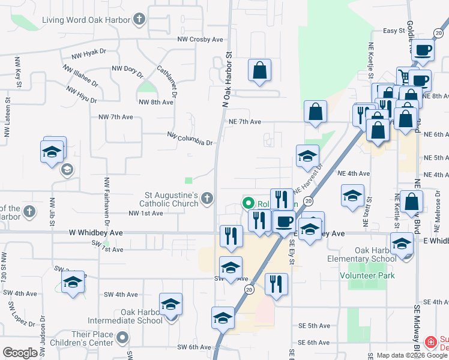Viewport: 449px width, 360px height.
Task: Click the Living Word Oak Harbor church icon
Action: click(139, 20)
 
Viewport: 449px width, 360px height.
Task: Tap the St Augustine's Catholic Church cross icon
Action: click(207, 199)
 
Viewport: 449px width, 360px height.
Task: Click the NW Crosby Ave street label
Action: click(200, 40)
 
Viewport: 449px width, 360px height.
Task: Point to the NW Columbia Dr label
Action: click(190, 139)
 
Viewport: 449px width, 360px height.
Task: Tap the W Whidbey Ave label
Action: click(95, 232)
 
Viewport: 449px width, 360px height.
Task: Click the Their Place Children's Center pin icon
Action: click(123, 338)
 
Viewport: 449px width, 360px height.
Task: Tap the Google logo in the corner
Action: click(20, 353)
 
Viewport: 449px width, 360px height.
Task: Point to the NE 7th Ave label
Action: click(244, 122)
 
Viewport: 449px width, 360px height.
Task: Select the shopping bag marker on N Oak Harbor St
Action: click(259, 71)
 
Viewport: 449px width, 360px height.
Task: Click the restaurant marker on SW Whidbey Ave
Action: click(231, 236)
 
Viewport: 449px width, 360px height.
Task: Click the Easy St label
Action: click(394, 31)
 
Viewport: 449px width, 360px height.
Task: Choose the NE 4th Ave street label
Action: click(354, 173)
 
